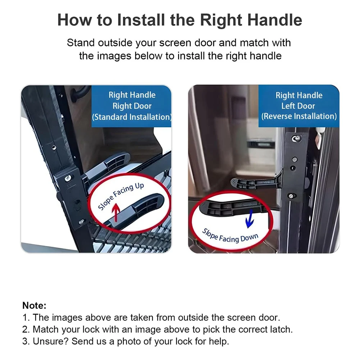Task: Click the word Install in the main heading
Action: point(141,20)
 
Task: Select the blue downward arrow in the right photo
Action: point(250,219)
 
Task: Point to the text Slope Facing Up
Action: point(121,196)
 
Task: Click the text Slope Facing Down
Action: point(230,236)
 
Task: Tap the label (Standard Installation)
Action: point(132,117)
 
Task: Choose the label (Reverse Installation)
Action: point(299,116)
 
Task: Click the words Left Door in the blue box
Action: point(298,106)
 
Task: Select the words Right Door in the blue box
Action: point(132,106)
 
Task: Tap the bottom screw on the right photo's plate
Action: point(292,196)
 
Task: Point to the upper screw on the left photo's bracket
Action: point(68,178)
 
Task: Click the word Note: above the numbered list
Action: point(35,305)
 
